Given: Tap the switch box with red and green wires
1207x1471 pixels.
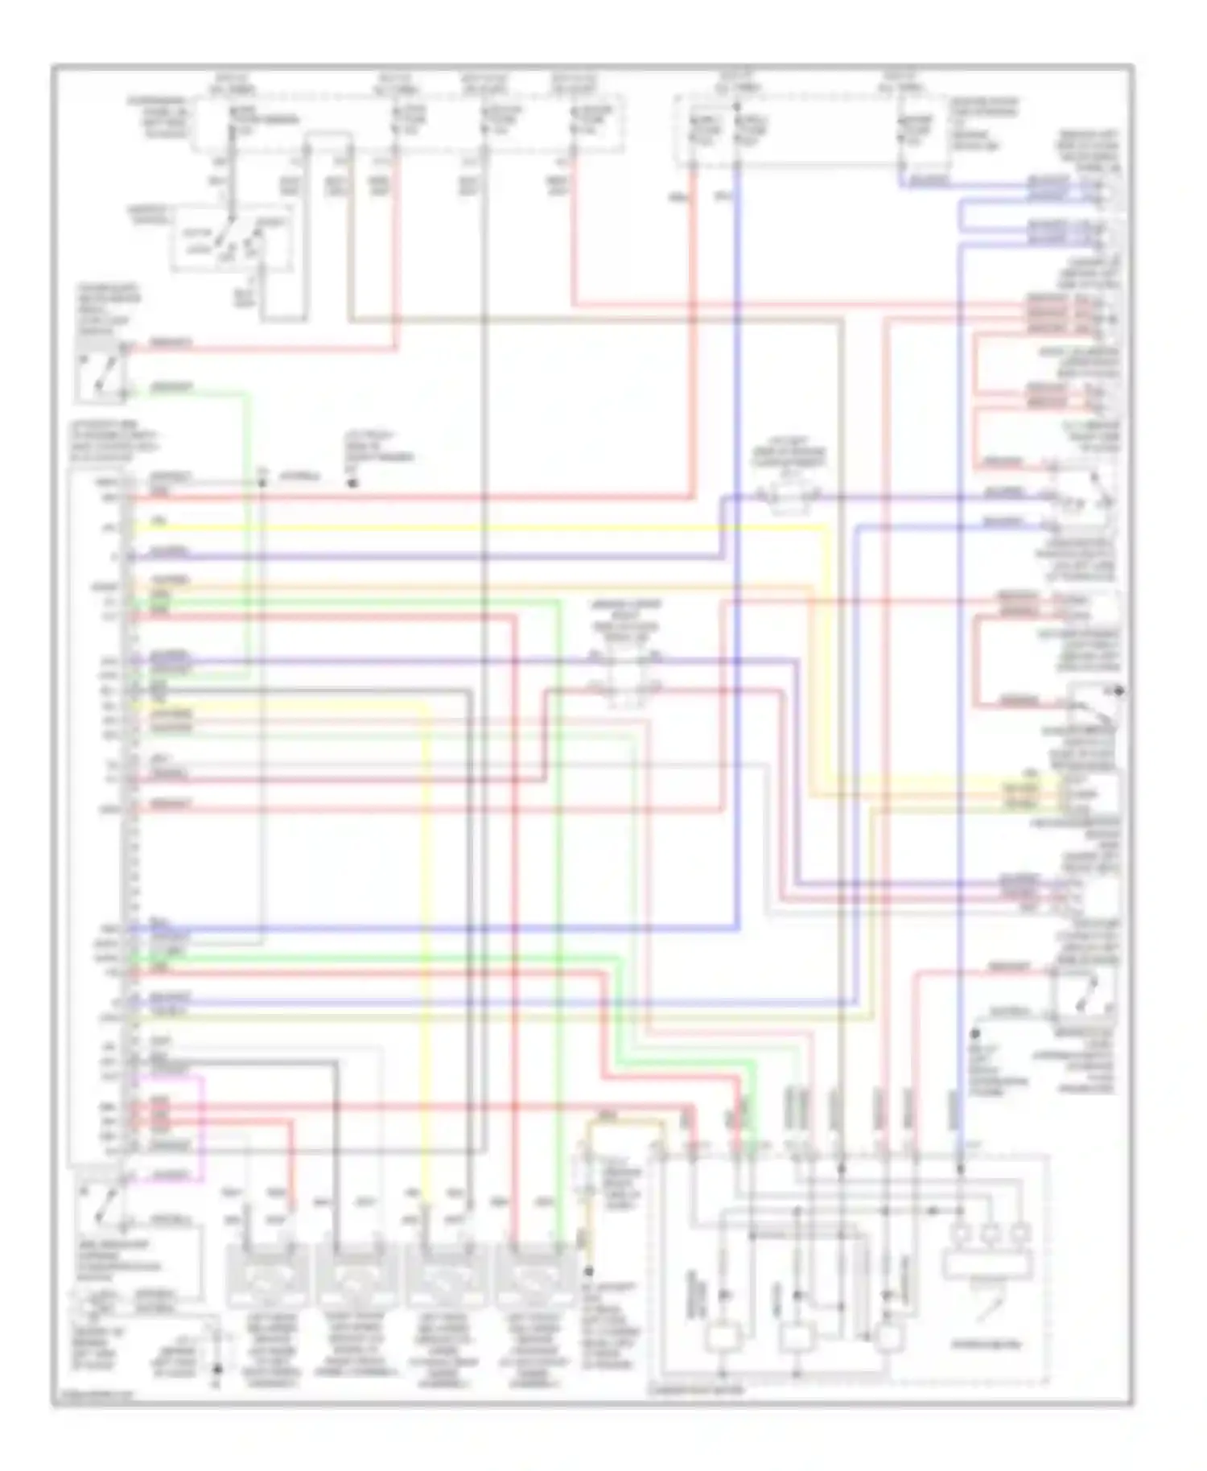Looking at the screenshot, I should (x=100, y=372).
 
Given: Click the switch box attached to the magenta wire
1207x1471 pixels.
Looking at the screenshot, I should (x=100, y=1199).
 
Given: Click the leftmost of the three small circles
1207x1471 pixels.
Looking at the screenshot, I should (x=961, y=1232).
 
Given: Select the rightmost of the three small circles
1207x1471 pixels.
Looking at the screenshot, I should (x=1020, y=1232).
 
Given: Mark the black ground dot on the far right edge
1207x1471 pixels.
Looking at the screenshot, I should (x=1119, y=690).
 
